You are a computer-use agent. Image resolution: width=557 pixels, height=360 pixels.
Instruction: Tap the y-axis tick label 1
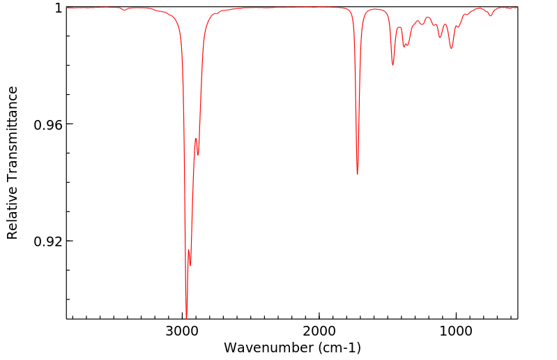tap(59, 8)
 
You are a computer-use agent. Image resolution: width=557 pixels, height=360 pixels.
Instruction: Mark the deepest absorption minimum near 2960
tap(186, 317)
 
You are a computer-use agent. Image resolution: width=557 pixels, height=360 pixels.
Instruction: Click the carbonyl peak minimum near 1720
tap(358, 174)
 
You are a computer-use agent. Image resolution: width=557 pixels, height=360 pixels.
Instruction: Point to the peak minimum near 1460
tap(393, 65)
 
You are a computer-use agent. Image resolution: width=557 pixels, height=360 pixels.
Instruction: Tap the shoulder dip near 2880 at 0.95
tap(198, 155)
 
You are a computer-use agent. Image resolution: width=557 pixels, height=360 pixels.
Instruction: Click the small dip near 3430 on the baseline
tap(124, 10)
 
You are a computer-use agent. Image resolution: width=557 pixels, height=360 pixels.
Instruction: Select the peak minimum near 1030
tap(452, 48)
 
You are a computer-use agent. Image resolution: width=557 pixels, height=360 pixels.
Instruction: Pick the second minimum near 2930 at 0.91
tap(190, 265)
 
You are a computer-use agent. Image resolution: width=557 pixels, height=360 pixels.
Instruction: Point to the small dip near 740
tap(491, 15)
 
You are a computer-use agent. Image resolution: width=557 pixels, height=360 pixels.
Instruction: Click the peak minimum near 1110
tap(441, 37)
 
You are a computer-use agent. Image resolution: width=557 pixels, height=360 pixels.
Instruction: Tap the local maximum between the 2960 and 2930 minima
tap(188, 250)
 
